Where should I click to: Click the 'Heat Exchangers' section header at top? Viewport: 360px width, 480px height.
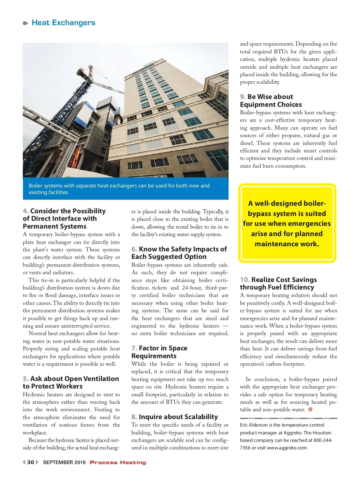pos(63,23)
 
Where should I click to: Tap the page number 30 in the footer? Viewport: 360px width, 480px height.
pos(31,462)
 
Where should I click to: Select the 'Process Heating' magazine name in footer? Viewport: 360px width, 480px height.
pos(118,462)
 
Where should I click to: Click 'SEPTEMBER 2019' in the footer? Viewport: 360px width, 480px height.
pos(64,462)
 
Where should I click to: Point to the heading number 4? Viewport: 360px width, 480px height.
pos(25,211)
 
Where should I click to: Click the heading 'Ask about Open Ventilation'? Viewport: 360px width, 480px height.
pos(74,379)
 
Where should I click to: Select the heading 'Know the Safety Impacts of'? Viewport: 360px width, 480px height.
pos(183,249)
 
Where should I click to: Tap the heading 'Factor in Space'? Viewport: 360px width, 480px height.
pos(163,348)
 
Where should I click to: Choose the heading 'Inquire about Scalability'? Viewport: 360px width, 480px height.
pos(178,417)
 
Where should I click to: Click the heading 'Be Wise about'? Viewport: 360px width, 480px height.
pos(270,97)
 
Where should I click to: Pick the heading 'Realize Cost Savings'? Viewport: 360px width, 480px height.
pos(284,280)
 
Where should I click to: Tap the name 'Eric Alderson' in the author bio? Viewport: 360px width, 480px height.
pos(253,425)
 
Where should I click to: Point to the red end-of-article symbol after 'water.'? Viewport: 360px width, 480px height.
pos(310,409)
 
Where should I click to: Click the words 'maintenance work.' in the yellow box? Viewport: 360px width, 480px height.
pos(287,244)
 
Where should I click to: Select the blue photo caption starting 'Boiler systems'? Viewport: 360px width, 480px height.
pos(119,189)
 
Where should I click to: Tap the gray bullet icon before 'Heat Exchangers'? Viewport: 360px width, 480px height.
pos(25,23)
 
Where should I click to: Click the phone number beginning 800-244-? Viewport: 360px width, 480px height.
pos(323,440)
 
